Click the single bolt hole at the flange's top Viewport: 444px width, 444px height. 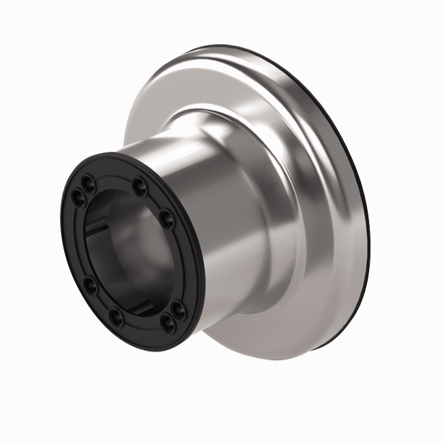coord(139,184)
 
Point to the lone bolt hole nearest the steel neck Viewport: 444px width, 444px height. coord(167,219)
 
